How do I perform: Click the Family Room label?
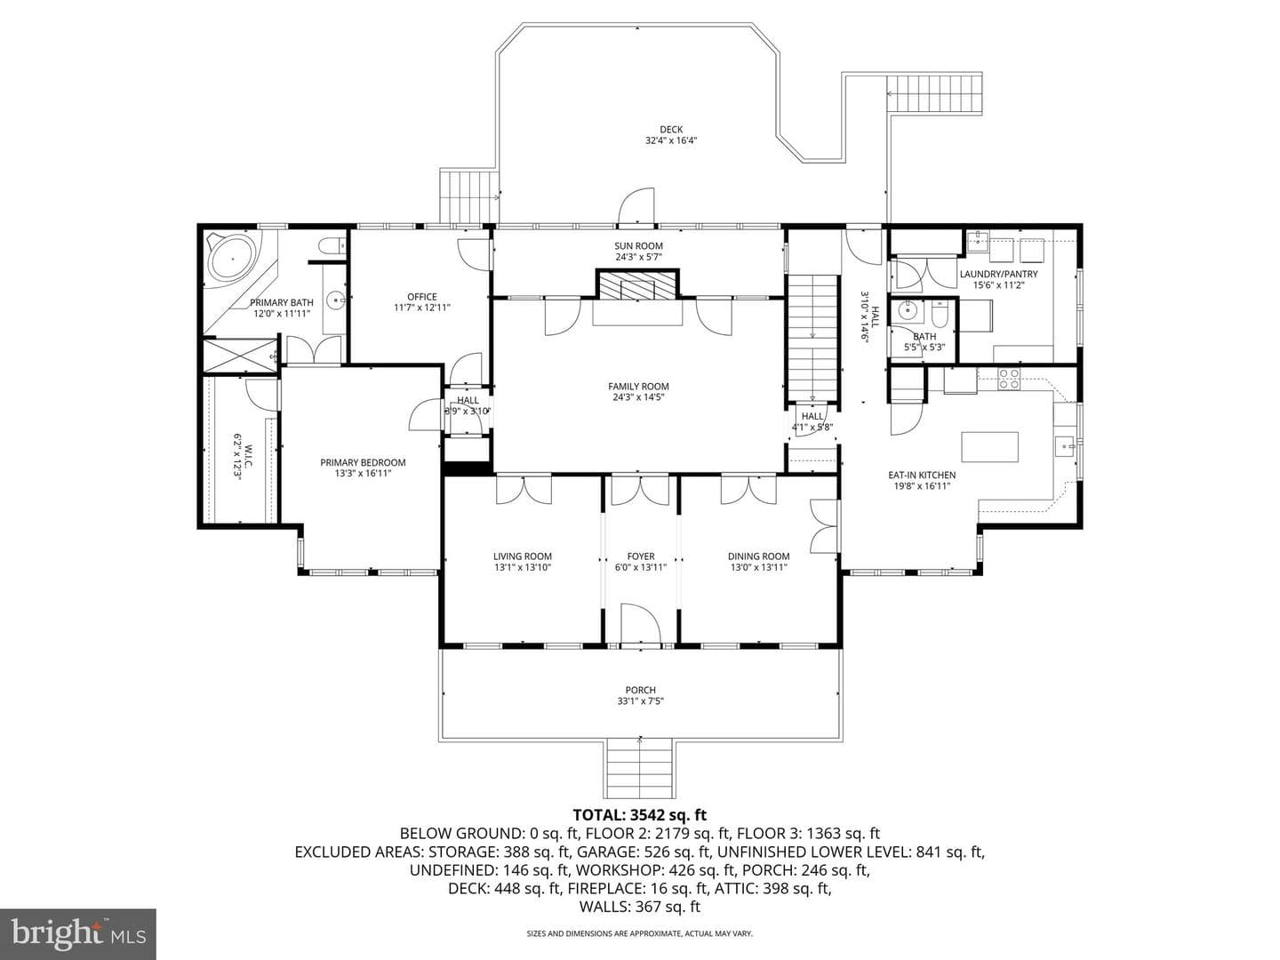(x=638, y=387)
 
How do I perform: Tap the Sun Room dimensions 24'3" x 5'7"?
(x=638, y=257)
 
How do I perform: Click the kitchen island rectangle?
(x=989, y=447)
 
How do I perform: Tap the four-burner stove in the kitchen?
(x=1009, y=379)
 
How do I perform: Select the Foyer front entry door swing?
(x=640, y=624)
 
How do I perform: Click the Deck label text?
(x=671, y=130)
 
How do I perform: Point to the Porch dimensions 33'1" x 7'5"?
(x=640, y=701)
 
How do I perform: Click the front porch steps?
(x=640, y=769)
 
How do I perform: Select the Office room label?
(x=422, y=297)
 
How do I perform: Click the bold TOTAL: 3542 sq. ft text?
(x=640, y=815)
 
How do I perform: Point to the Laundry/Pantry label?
(x=998, y=274)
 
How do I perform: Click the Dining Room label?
(x=759, y=556)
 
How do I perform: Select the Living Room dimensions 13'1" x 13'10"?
(x=523, y=567)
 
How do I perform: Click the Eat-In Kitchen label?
(x=922, y=475)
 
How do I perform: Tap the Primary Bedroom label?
(x=363, y=463)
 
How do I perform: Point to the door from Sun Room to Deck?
(x=636, y=206)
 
